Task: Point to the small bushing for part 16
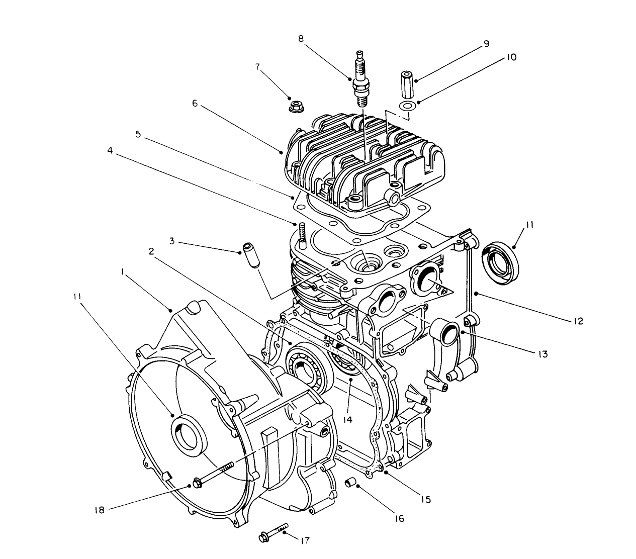coord(350,483)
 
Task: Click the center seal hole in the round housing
coord(188,432)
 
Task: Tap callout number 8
coord(301,39)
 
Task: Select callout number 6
coord(195,104)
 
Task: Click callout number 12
coord(578,321)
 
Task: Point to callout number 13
coord(541,354)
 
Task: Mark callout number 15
coord(425,500)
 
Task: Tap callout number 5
coord(138,135)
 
